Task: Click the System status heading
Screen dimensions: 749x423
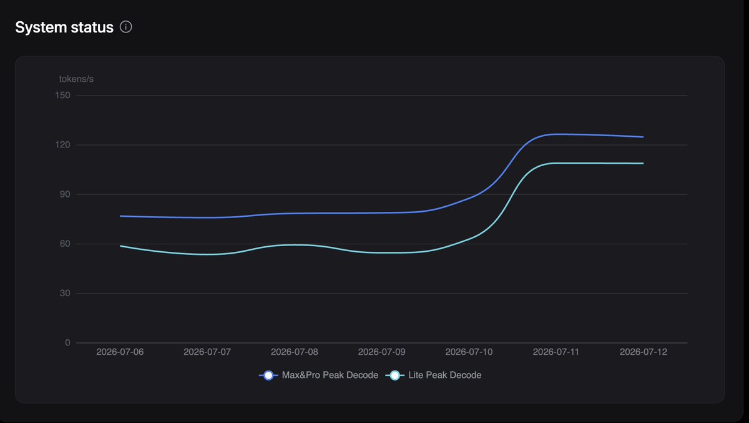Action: tap(64, 27)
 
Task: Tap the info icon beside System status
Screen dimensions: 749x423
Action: tap(125, 27)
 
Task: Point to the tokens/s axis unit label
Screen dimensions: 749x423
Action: tap(76, 79)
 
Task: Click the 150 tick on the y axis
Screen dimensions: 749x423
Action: tap(62, 96)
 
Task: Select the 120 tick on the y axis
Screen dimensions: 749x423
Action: tap(62, 145)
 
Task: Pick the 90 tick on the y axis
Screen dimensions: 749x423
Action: tap(65, 194)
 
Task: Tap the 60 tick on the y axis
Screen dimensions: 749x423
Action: tap(65, 244)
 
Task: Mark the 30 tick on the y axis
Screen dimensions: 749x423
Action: tap(65, 294)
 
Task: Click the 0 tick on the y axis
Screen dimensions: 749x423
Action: tap(67, 342)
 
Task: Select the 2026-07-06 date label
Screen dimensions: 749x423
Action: tap(120, 352)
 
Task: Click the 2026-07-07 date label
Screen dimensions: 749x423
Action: tap(207, 352)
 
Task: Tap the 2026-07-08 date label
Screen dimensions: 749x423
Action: tap(295, 352)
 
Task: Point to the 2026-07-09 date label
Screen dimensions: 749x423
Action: tap(382, 352)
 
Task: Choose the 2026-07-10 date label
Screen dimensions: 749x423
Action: tap(469, 352)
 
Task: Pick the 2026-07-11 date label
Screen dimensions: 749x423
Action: tap(556, 352)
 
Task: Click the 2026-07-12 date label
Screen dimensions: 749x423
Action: tap(644, 352)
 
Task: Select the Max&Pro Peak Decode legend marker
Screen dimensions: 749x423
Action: tap(268, 376)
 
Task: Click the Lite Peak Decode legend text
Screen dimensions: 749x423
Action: tap(444, 375)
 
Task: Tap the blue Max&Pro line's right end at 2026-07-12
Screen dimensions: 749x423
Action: tap(643, 137)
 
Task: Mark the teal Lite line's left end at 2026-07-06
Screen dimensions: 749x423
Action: tap(120, 246)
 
